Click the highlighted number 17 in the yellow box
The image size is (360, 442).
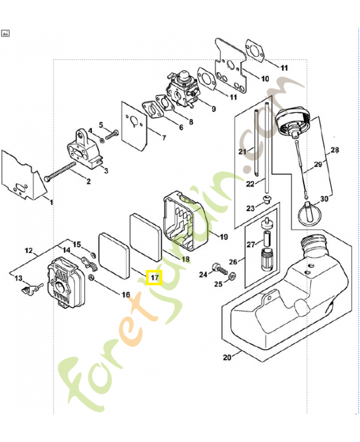[x=153, y=276]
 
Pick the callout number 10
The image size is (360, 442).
[x=264, y=78]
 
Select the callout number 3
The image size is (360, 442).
[x=105, y=171]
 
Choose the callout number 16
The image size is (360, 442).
[x=126, y=294]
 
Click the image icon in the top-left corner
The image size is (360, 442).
[x=6, y=33]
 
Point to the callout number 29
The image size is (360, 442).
[x=317, y=165]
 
